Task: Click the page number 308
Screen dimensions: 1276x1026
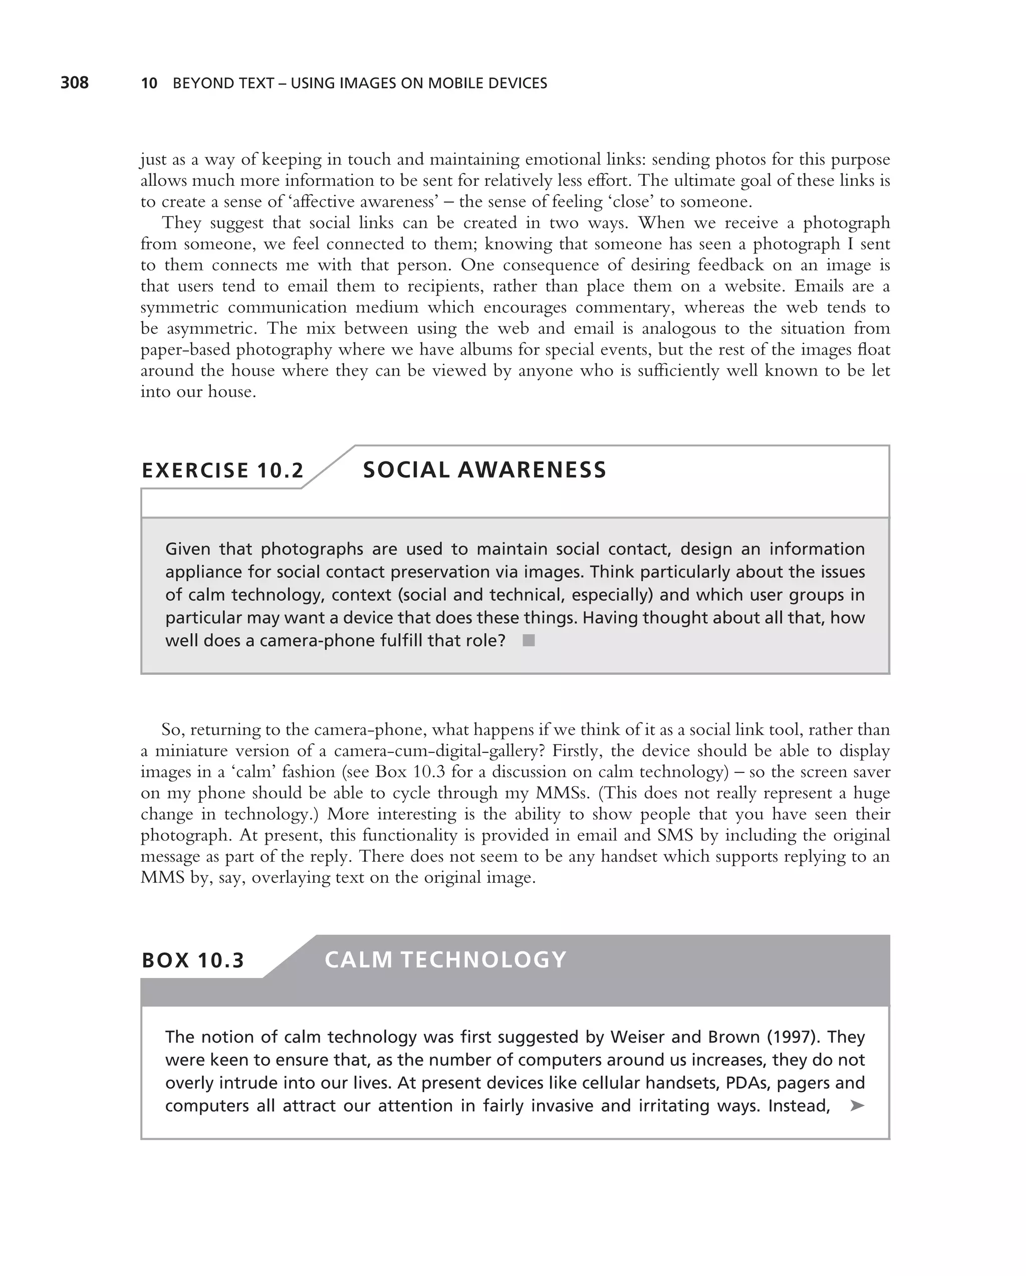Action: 75,83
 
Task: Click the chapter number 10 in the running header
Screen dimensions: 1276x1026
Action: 149,84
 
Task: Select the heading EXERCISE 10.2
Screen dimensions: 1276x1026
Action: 222,470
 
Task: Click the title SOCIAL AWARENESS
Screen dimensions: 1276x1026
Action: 484,470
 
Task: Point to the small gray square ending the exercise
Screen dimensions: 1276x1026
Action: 529,640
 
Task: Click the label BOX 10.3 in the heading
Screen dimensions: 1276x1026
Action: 193,960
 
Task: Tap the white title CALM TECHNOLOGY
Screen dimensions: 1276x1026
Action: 445,959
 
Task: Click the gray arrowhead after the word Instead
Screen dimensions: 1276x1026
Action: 857,1106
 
